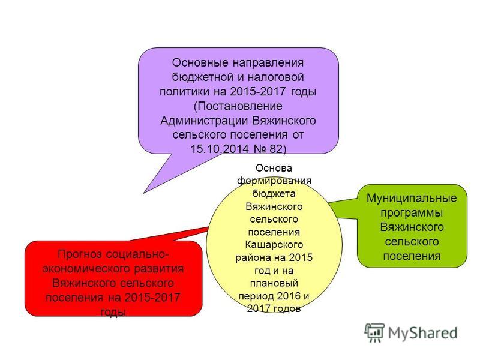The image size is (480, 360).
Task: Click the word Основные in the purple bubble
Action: pyautogui.click(x=200, y=63)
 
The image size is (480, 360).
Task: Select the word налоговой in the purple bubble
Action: pyautogui.click(x=275, y=77)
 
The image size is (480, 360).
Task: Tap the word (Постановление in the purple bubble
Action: pyautogui.click(x=238, y=106)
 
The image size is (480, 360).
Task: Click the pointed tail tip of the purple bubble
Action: pyautogui.click(x=143, y=193)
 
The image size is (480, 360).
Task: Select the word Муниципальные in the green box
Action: pyautogui.click(x=412, y=198)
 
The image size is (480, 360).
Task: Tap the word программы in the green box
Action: pyautogui.click(x=412, y=212)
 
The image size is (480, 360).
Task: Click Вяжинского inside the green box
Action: pyautogui.click(x=412, y=227)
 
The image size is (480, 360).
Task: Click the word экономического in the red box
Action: pyautogui.click(x=86, y=269)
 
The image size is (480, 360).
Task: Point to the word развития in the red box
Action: pyautogui.click(x=159, y=269)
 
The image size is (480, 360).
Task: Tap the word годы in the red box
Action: pyautogui.click(x=113, y=313)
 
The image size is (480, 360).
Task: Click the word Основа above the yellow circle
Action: pyautogui.click(x=274, y=168)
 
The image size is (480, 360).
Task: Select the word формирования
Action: pyautogui.click(x=274, y=181)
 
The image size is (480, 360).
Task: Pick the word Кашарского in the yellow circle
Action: pyautogui.click(x=274, y=245)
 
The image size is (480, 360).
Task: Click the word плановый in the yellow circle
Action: pyautogui.click(x=274, y=283)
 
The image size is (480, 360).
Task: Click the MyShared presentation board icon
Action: pyautogui.click(x=374, y=332)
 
